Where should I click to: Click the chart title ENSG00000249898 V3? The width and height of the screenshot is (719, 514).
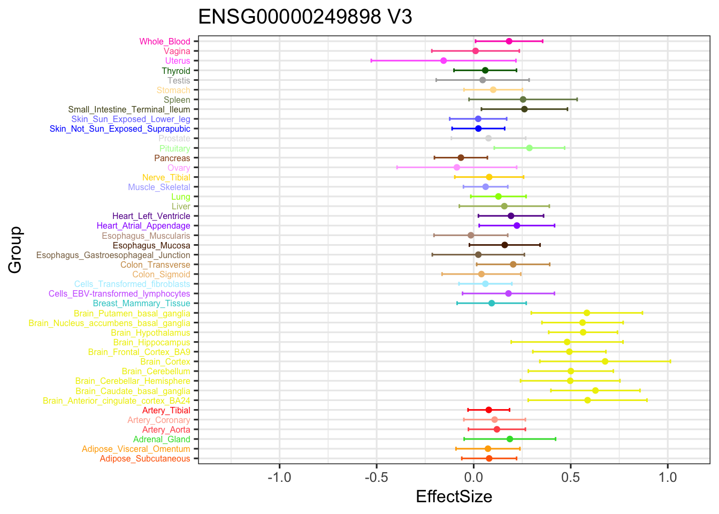coord(305,18)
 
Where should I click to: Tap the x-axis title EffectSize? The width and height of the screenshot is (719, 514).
coord(454,497)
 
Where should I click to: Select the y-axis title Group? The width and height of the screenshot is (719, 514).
coord(15,250)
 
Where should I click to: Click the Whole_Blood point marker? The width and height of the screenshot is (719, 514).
coord(509,41)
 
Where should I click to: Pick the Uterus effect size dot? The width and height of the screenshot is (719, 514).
coord(443,61)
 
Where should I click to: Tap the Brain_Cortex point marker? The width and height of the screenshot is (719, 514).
coord(605,361)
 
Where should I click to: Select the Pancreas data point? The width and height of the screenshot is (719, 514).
coord(461,158)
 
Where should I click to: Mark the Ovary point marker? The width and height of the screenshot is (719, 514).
coord(457,168)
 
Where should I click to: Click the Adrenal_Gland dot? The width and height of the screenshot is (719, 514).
coord(510,439)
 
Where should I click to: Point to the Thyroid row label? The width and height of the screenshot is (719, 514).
coord(176,71)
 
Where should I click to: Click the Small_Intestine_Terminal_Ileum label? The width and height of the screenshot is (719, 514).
coord(129,109)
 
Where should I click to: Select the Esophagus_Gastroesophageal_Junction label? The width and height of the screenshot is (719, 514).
coord(113,255)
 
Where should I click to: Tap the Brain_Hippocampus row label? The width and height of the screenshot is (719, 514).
coord(151,342)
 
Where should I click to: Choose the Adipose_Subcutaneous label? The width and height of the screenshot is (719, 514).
coord(144,459)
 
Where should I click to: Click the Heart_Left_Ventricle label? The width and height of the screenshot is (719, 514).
coord(151,216)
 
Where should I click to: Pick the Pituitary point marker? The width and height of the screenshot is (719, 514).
coord(529,148)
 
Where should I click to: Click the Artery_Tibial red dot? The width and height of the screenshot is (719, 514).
coord(488,410)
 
